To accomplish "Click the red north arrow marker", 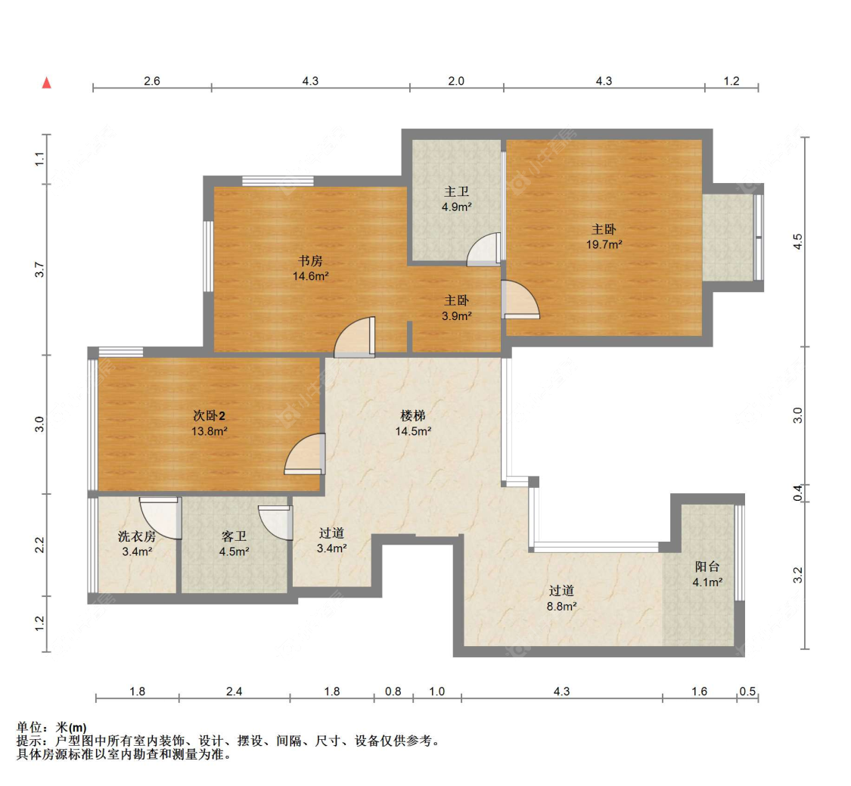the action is (47, 82).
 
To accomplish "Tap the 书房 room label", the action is (310, 261).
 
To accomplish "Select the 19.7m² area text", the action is (604, 245).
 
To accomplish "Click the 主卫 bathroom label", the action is (456, 191).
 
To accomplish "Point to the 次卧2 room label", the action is (209, 416).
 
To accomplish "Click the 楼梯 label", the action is (413, 416).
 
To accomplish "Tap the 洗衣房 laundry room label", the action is (137, 536).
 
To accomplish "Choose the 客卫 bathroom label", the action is (234, 536).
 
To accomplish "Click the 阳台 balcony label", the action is (707, 567).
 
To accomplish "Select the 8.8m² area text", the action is (562, 606).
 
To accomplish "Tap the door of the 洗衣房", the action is (160, 518).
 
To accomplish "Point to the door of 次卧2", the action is (305, 454).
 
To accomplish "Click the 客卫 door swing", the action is (275, 523).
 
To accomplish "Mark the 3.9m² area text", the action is (456, 316).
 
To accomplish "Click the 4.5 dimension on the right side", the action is (797, 241).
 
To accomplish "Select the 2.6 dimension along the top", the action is (152, 81).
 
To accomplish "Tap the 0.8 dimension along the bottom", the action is (393, 691).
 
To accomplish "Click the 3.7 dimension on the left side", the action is (39, 270).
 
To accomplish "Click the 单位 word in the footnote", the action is (30, 728).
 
